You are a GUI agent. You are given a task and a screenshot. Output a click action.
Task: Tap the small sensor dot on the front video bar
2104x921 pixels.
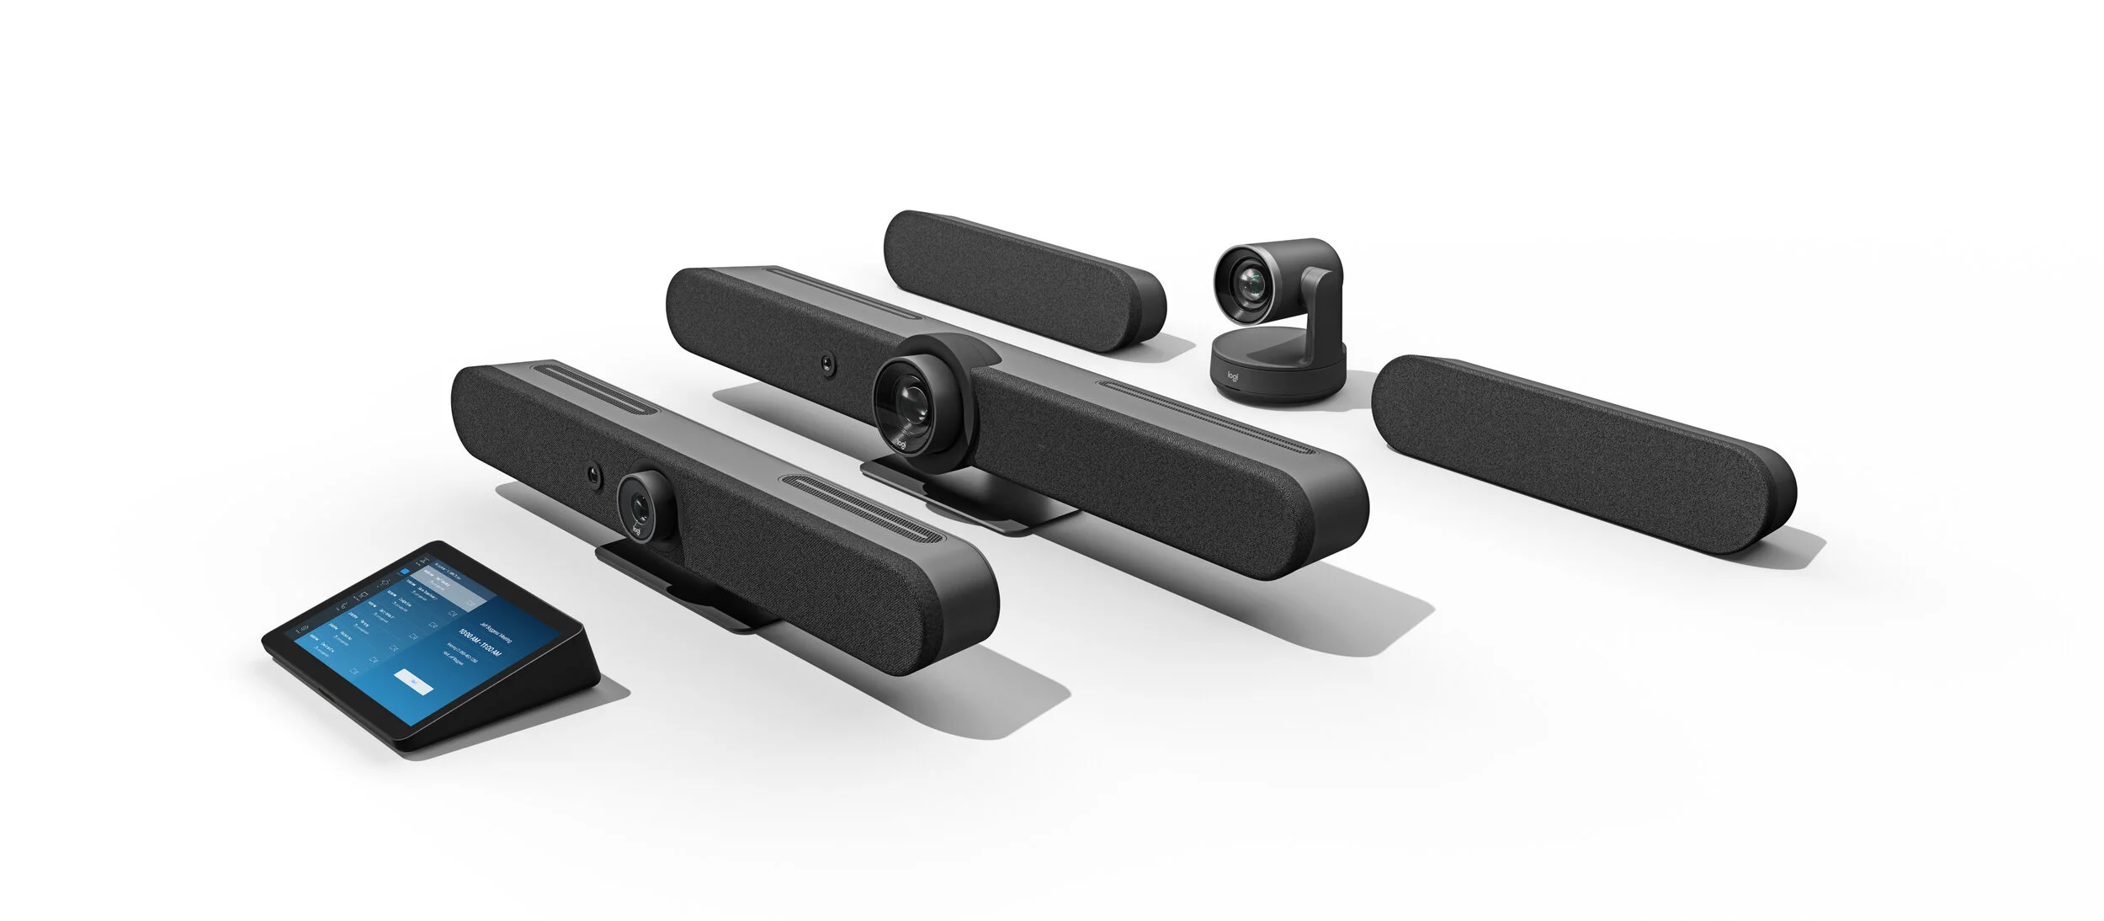coord(595,476)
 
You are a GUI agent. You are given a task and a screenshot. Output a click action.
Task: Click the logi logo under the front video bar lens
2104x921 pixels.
coord(636,531)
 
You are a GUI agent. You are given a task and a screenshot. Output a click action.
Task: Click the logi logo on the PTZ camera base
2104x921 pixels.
coord(1234,376)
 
